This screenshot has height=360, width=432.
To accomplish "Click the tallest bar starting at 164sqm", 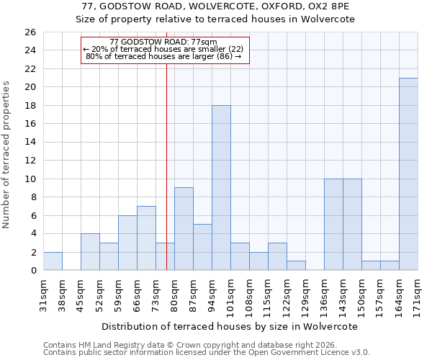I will [x=408, y=174].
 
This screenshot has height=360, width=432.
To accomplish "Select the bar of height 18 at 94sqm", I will [x=221, y=188].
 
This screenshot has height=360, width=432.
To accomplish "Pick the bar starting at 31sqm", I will [x=53, y=261].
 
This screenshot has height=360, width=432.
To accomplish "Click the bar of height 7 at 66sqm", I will [x=146, y=238].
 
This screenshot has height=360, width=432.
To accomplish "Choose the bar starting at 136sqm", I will [x=333, y=225].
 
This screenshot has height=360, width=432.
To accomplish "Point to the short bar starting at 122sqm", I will [x=296, y=266].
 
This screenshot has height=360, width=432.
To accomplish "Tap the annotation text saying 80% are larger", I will [x=163, y=55].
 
